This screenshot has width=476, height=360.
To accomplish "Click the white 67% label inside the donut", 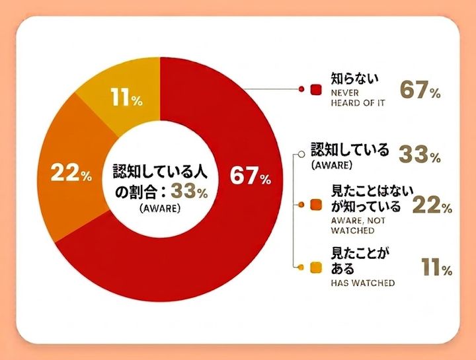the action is click(x=251, y=176).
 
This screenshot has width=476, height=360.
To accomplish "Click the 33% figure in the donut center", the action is click(x=190, y=191).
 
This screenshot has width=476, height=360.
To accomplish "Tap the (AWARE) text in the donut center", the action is click(x=160, y=209).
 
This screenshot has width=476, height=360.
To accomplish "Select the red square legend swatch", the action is click(x=316, y=89).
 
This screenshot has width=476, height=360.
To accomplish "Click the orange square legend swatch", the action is click(x=316, y=205).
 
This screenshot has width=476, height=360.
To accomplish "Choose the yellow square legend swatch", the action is click(x=316, y=268).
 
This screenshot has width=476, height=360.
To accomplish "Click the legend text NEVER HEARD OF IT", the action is click(x=358, y=98).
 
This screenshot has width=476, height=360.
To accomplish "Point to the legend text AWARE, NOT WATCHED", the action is click(x=358, y=225).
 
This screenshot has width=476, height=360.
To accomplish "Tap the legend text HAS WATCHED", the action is click(x=363, y=283).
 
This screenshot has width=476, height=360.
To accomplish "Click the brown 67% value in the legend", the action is click(x=420, y=90).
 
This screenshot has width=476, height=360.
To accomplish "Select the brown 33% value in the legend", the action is click(x=420, y=154).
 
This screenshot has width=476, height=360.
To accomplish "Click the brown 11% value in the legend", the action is click(x=436, y=267).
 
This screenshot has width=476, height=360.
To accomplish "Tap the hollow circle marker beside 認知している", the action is click(x=301, y=154).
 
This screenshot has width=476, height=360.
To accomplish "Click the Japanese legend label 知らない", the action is click(x=355, y=79).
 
